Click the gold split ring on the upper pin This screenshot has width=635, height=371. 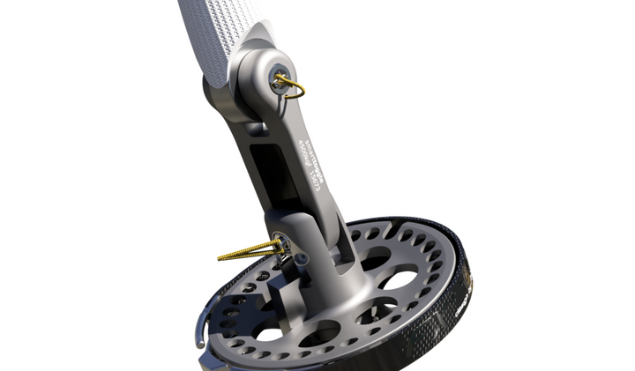coord(295,87)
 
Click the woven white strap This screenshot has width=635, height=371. coord(212,26)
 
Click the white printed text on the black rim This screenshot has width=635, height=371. coord(460,300)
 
